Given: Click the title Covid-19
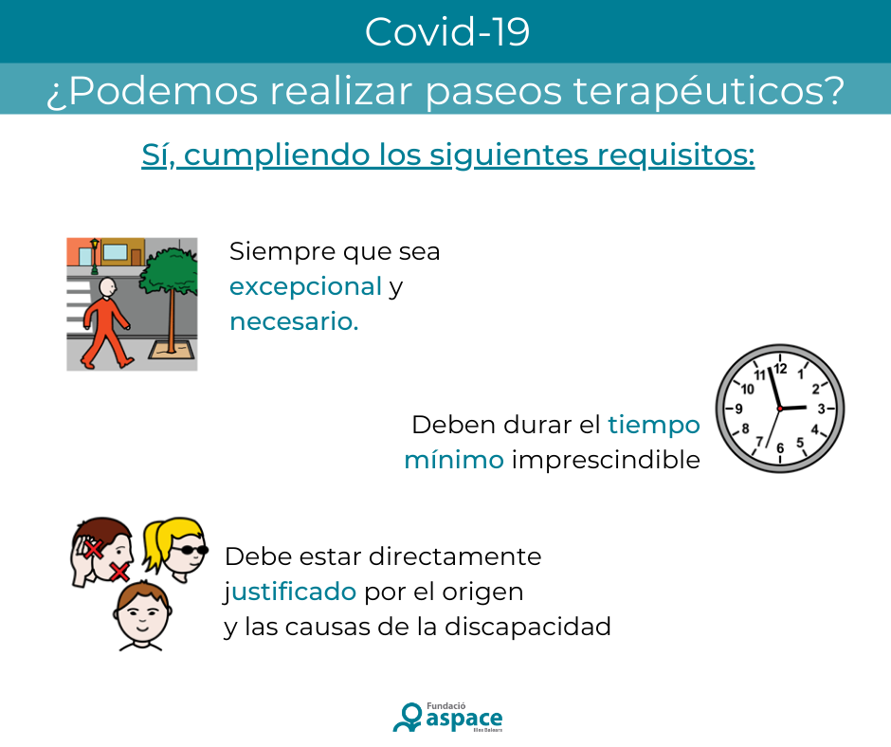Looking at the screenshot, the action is click(447, 32).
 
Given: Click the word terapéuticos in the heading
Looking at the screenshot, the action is click(709, 91).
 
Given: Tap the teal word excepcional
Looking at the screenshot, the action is click(306, 287).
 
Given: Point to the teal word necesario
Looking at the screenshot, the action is click(294, 321).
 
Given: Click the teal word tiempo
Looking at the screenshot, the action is click(653, 426).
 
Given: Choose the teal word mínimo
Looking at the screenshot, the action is click(454, 460).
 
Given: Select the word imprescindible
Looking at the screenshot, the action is click(606, 461).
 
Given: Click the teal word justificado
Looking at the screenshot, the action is click(290, 592).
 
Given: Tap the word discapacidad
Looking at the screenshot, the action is click(527, 627).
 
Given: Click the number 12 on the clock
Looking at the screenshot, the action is click(780, 369).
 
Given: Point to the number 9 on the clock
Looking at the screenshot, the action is click(738, 409).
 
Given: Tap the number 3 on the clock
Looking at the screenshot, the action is click(821, 409).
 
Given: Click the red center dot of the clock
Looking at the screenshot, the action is click(779, 409).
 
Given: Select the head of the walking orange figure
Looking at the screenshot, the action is click(108, 287).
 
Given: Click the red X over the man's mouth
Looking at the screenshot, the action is click(119, 572).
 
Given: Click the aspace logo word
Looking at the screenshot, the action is click(464, 720).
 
